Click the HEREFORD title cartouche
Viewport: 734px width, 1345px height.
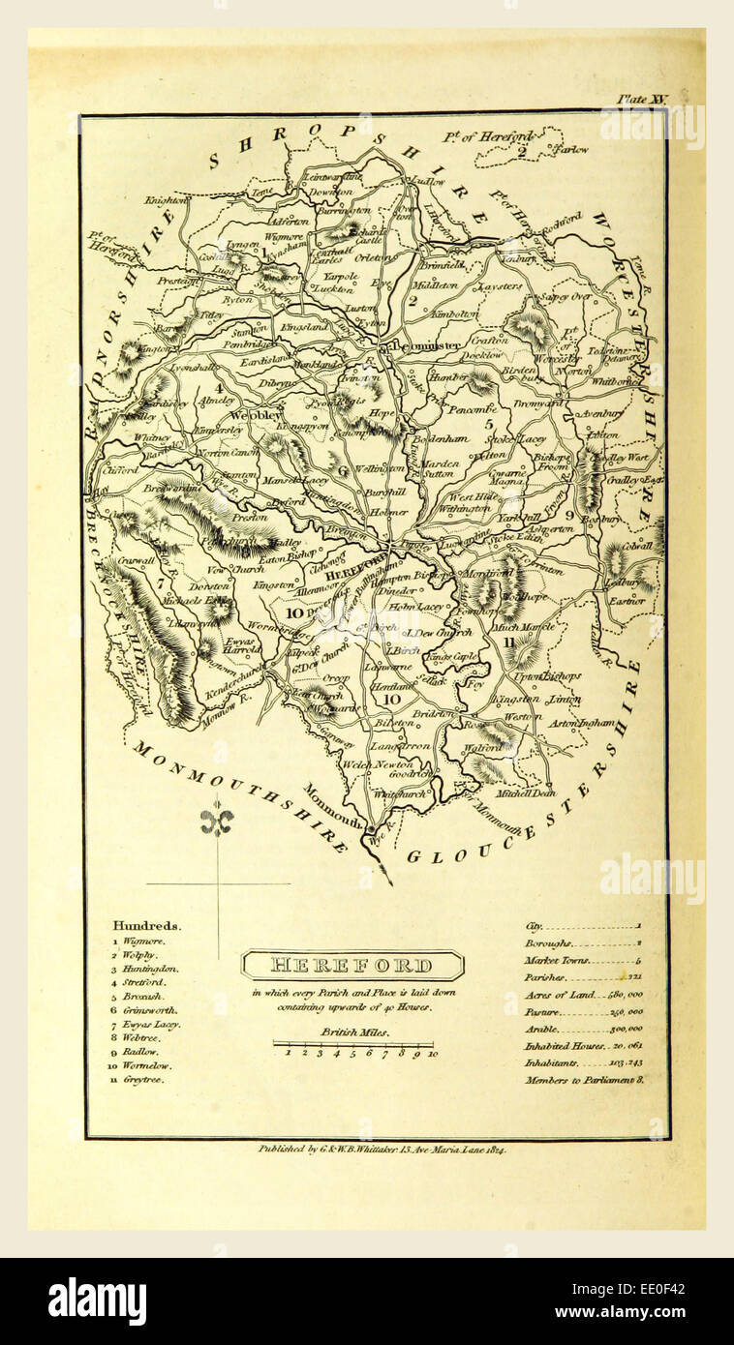click(352, 965)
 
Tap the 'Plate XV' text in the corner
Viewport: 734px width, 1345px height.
click(641, 99)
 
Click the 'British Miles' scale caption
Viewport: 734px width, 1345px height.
click(355, 1031)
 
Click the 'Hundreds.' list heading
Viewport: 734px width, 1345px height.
click(146, 925)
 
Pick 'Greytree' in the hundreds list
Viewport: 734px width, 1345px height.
click(143, 1079)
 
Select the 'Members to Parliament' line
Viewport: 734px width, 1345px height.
click(584, 1079)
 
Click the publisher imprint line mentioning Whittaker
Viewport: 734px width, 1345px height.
click(382, 1149)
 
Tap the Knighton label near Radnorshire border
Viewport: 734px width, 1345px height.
click(165, 200)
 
